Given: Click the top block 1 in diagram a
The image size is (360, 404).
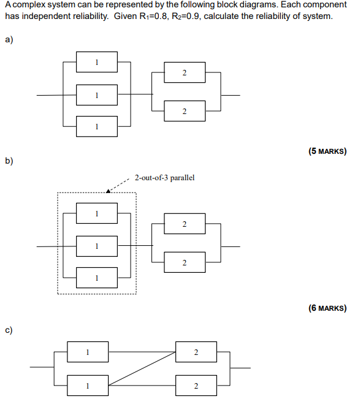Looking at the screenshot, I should [x=97, y=62].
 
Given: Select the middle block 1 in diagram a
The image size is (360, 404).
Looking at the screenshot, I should [x=97, y=95].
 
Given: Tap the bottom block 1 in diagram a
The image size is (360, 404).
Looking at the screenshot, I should [x=97, y=126].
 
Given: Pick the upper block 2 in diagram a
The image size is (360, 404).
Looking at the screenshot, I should [x=184, y=74].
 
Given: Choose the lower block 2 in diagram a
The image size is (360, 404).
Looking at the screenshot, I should [x=184, y=111].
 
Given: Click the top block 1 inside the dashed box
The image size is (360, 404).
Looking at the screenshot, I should [x=97, y=213].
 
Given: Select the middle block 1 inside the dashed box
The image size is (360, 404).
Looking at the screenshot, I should [x=97, y=246].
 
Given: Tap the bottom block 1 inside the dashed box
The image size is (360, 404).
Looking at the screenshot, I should [x=97, y=278].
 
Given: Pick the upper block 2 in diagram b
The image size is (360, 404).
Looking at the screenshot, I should [x=184, y=224].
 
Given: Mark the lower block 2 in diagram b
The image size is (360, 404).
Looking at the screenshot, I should [x=184, y=262].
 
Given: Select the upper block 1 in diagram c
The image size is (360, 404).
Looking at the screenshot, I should [x=88, y=352].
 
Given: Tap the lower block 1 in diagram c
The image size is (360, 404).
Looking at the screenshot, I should [x=88, y=385].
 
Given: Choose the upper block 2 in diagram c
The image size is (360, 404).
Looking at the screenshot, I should [x=196, y=352].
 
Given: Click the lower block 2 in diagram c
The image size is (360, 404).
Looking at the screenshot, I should [x=196, y=386].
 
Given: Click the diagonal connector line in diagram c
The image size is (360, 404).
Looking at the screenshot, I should [x=142, y=369].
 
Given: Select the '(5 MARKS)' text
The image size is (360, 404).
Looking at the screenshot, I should [x=327, y=151].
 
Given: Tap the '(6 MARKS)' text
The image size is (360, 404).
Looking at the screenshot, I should [x=327, y=308].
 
